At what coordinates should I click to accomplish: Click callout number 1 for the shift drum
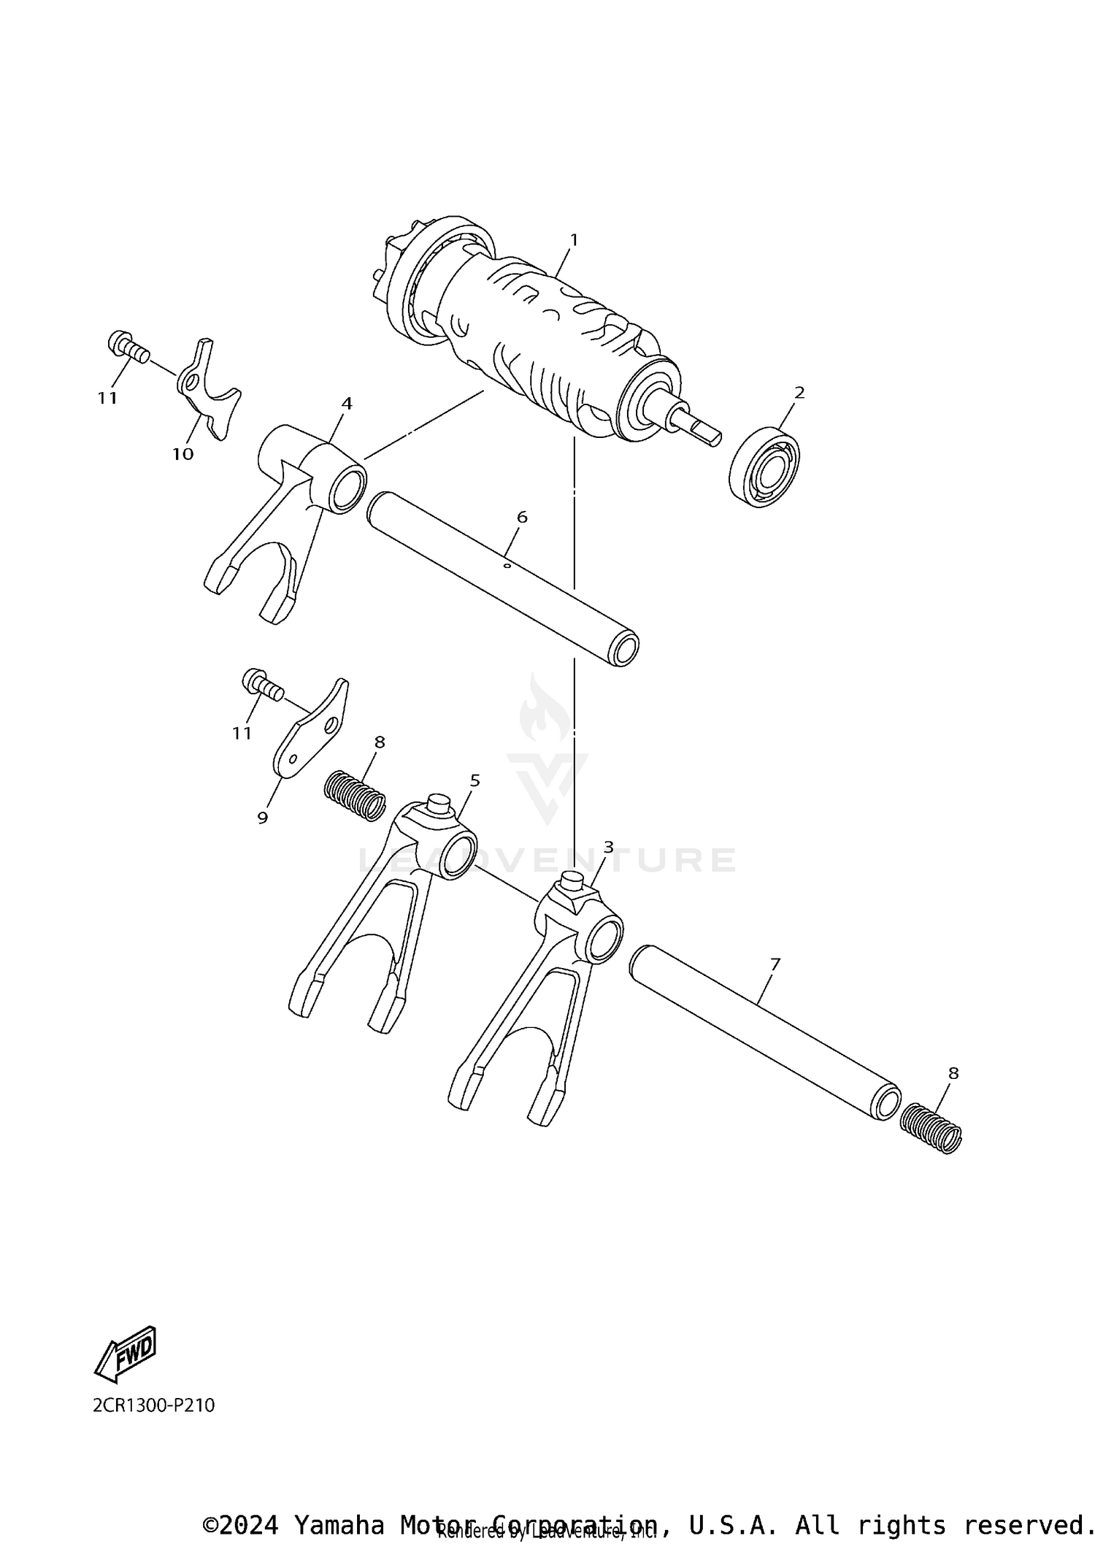click(574, 239)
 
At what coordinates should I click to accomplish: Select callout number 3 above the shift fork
click(608, 847)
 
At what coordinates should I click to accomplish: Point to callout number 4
click(347, 403)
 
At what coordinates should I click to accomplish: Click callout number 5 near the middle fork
click(474, 780)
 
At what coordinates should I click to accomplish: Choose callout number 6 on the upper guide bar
click(521, 517)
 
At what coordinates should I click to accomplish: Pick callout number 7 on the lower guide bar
click(775, 964)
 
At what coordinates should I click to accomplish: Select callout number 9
click(263, 818)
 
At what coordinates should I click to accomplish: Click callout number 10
click(182, 454)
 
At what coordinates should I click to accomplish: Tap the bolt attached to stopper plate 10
click(128, 345)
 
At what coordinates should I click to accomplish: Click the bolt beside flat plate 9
click(261, 685)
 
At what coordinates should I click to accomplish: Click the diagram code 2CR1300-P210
click(153, 1405)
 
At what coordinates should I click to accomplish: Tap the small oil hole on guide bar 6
click(507, 564)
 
